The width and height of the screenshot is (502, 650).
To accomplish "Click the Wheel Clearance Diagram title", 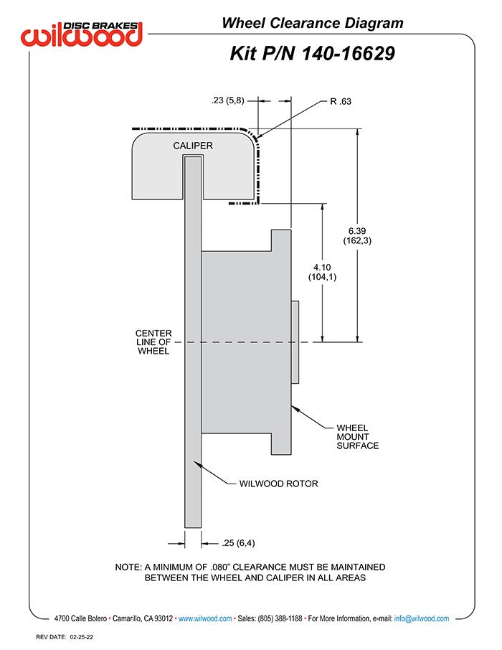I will pos(312,23).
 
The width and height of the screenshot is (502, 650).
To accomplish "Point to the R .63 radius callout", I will pos(340,102).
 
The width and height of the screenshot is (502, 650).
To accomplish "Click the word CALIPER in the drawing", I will pos(193,146).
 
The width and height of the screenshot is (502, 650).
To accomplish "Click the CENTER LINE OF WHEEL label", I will pos(153,342).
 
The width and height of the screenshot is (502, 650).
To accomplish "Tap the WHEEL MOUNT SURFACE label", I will pos(357,436).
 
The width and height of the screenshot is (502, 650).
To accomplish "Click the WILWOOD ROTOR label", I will pos(278,484).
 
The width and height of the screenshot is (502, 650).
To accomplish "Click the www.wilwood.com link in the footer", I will pos(204,618).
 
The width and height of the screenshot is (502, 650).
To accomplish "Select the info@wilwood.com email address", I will pos(422,618).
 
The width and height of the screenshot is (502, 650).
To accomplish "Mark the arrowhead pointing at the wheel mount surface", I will pos(295,408).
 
